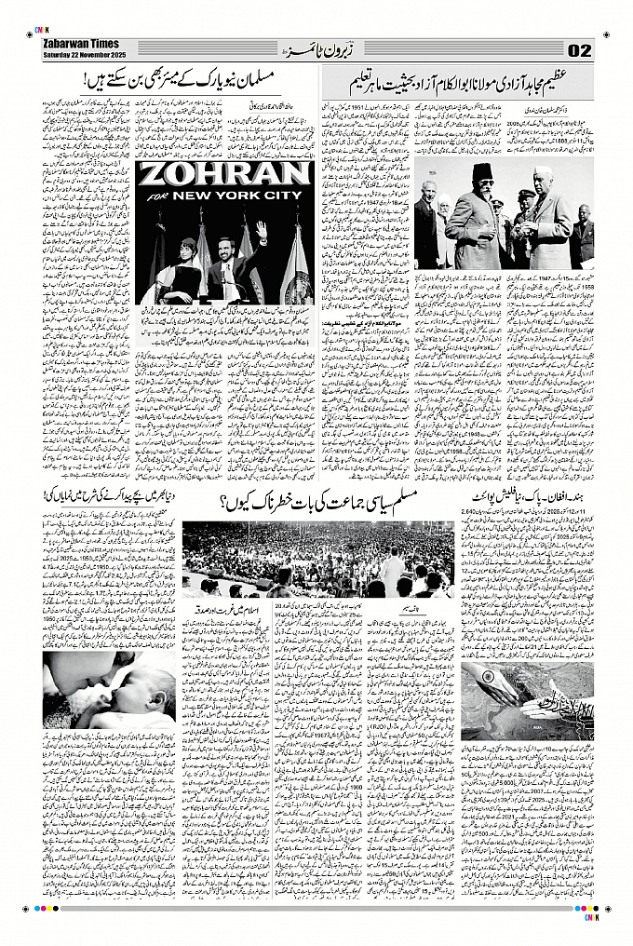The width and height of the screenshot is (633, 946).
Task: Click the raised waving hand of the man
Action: coord(261,228)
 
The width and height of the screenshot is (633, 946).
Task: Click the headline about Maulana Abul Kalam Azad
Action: coord(456,86)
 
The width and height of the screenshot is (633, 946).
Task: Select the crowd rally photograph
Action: coord(316,559)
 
